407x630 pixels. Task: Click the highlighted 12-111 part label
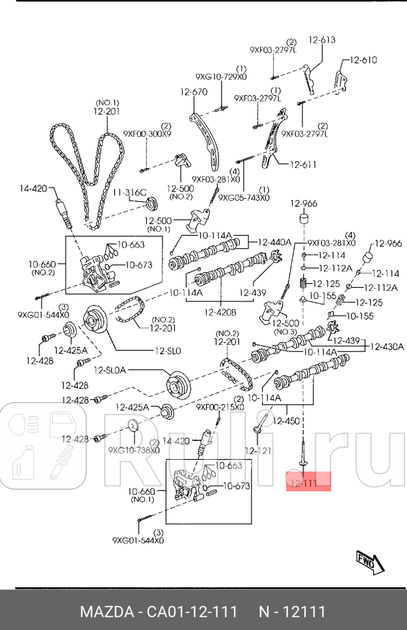[x=304, y=483]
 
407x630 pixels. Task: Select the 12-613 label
[x=322, y=40]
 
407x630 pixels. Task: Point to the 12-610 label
[x=363, y=60]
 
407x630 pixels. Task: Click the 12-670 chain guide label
[x=194, y=92]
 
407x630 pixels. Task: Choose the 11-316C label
[x=130, y=192]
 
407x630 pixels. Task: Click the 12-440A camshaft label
[x=274, y=242]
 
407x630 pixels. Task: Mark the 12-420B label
[x=220, y=312]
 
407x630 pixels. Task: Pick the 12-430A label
[x=387, y=347]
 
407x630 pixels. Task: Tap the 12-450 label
[x=286, y=422]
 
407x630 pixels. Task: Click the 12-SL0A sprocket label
[x=111, y=370]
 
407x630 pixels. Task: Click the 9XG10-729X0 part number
[x=221, y=77]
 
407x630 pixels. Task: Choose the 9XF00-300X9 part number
[x=148, y=134]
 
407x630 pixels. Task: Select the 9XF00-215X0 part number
[x=220, y=407]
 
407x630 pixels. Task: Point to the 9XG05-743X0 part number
[x=244, y=197]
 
